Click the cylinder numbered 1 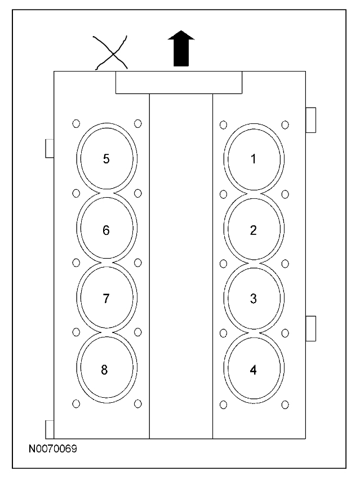point(254,159)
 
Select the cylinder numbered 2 point(254,229)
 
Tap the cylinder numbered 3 point(254,299)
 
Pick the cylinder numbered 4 point(254,370)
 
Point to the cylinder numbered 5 point(106,158)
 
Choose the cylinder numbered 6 point(106,229)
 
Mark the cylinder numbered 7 point(106,299)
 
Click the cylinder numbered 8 point(106,370)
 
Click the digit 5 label point(106,158)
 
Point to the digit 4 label point(254,370)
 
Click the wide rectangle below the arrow point(179,82)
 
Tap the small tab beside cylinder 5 point(50,149)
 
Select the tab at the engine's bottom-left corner point(50,429)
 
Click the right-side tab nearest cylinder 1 point(310,119)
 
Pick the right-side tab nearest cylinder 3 point(310,328)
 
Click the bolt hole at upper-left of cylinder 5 point(76,123)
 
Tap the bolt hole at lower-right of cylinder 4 point(285,404)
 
